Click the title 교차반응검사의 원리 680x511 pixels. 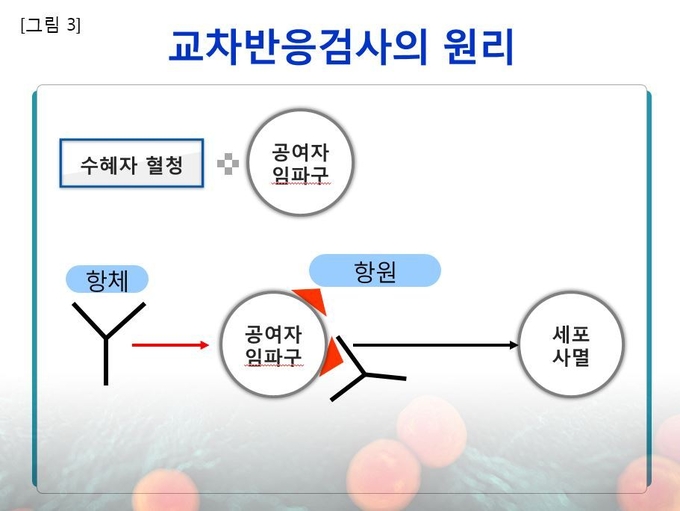(341, 46)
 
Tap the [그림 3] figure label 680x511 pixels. (50, 25)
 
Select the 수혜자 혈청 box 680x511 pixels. (131, 163)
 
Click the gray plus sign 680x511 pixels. (228, 164)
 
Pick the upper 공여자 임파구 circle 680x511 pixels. (300, 162)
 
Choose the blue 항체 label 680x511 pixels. (107, 280)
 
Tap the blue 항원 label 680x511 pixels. (375, 271)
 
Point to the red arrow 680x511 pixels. (170, 345)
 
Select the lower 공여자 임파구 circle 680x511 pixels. (273, 344)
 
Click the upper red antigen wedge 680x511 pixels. (312, 299)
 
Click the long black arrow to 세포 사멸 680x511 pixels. (435, 345)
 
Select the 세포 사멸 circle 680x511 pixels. (571, 344)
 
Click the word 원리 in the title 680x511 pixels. (479, 47)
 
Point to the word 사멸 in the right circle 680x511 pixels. (571, 357)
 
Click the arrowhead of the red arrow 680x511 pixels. (204, 345)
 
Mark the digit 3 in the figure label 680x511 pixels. (71, 25)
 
